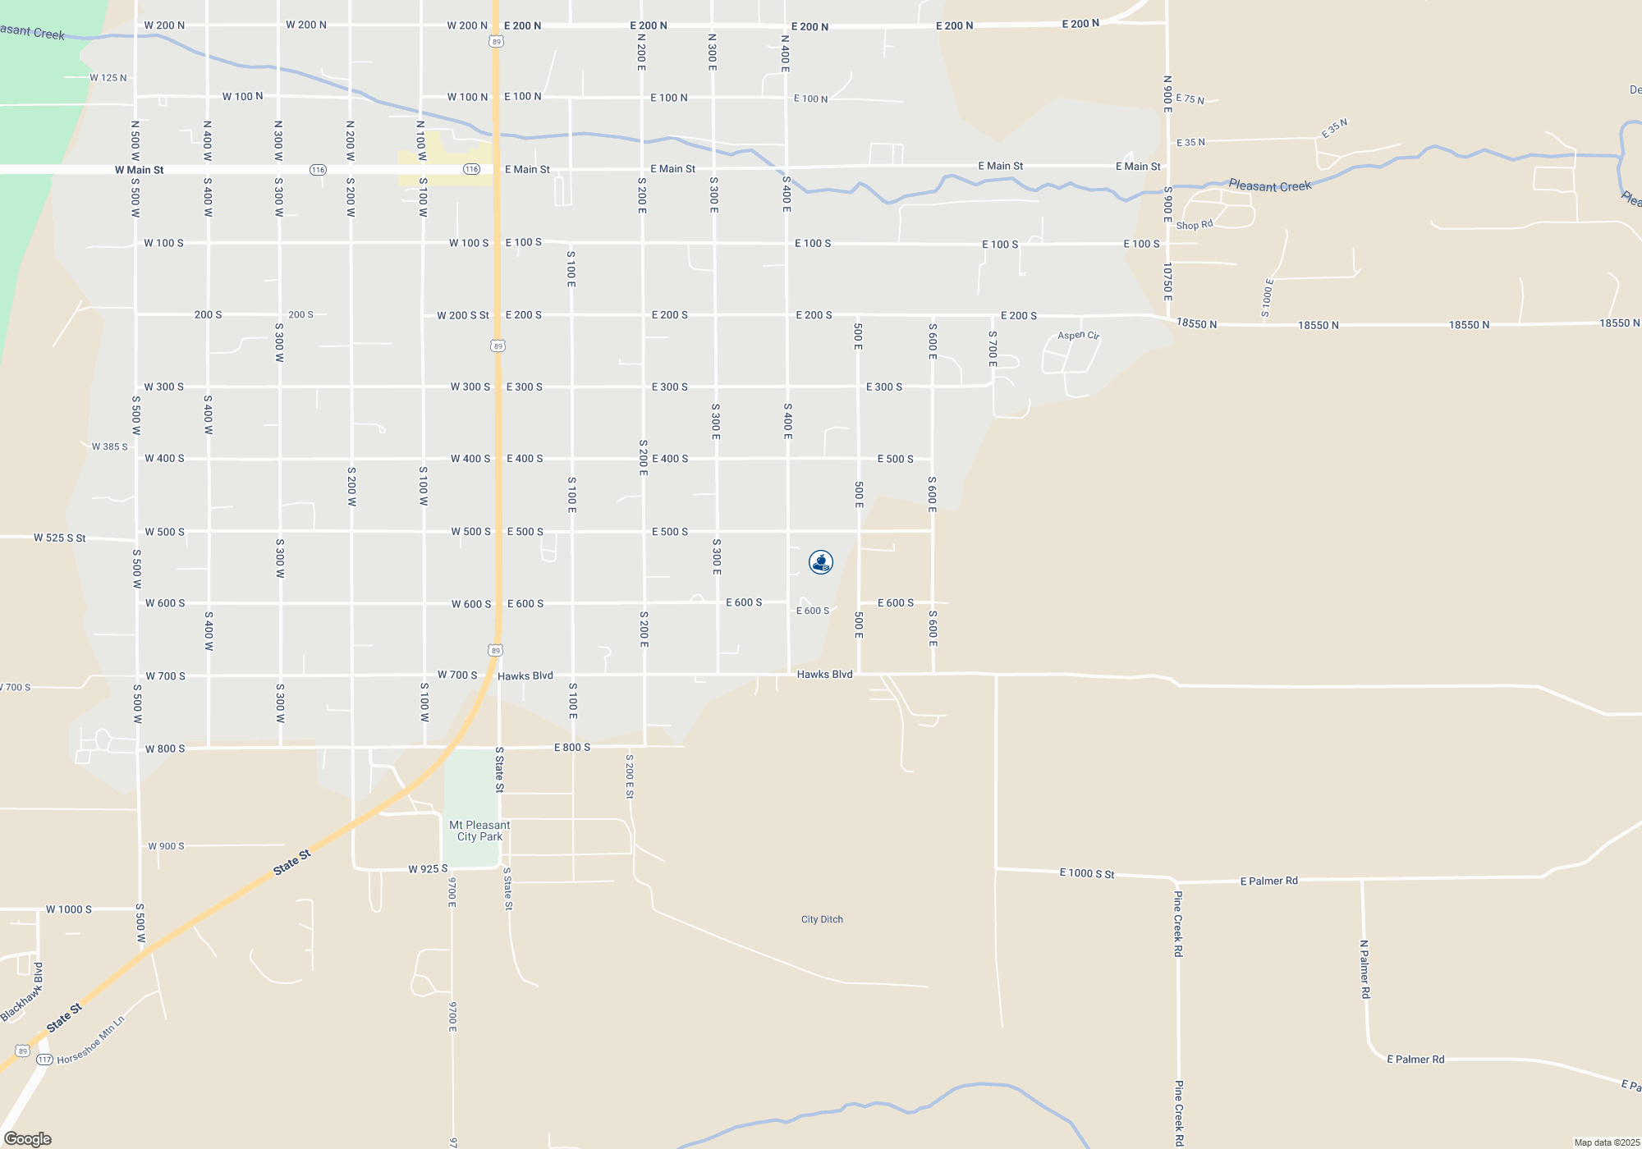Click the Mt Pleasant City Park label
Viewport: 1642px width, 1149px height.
479,831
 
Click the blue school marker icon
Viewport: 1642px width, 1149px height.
821,562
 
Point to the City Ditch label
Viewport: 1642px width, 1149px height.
822,919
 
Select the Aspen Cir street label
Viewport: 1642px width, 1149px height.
1078,335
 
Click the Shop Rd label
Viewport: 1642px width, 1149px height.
1194,225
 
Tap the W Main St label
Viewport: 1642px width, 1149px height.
139,170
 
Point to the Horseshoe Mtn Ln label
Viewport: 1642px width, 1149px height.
91,1040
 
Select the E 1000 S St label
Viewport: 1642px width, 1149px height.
1086,873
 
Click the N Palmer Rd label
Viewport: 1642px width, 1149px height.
1365,969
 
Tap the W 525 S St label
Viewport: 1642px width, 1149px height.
59,538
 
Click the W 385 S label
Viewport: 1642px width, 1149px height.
109,446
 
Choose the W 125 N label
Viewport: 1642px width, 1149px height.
108,78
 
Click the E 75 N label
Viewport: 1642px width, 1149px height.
1190,98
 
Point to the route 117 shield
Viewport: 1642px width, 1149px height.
44,1060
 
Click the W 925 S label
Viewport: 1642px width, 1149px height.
428,868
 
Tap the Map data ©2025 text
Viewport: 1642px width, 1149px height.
1606,1142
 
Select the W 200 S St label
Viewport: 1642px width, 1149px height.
462,315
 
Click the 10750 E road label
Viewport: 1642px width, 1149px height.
1167,282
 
